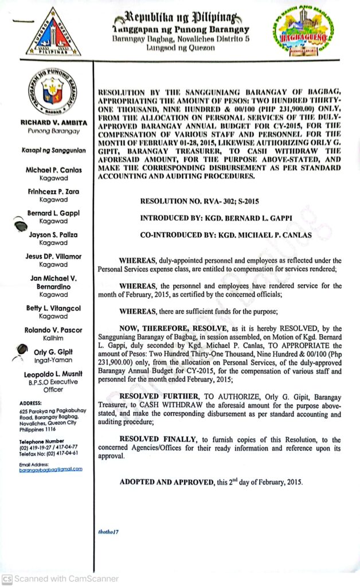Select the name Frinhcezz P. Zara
[53, 191]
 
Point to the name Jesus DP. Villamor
[53, 256]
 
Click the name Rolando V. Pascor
[53, 330]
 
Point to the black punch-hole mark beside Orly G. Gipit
[21, 349]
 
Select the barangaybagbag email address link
[50, 469]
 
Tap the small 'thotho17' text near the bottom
[108, 533]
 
